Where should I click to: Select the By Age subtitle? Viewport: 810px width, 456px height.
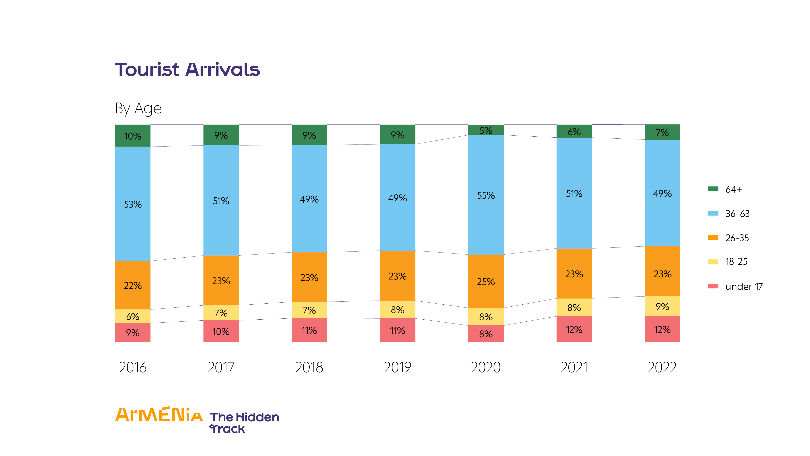pyautogui.click(x=138, y=109)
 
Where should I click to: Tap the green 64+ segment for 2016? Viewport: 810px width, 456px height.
pyautogui.click(x=133, y=136)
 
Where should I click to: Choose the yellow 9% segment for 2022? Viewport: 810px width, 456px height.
pyautogui.click(x=662, y=306)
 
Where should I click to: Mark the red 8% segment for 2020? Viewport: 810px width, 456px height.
pyautogui.click(x=486, y=334)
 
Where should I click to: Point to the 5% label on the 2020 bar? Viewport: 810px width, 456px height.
pyautogui.click(x=486, y=130)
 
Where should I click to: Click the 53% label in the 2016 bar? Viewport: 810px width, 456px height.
pyautogui.click(x=133, y=204)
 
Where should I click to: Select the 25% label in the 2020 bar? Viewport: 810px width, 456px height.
pyautogui.click(x=486, y=281)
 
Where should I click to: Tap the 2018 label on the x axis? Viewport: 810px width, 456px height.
pyautogui.click(x=309, y=367)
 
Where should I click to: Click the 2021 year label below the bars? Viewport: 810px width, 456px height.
pyautogui.click(x=574, y=367)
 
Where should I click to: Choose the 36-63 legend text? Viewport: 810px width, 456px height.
pyautogui.click(x=737, y=214)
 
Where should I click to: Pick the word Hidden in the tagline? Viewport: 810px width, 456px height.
pyautogui.click(x=257, y=417)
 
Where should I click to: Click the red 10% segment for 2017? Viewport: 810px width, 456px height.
pyautogui.click(x=221, y=331)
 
